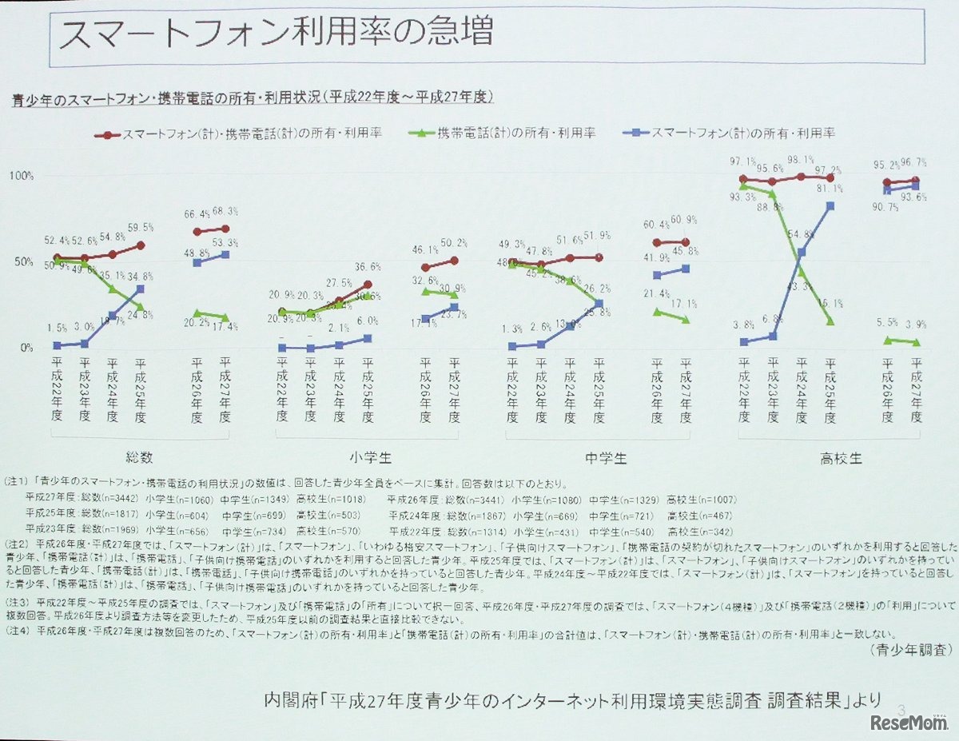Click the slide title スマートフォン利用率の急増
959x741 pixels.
[x=276, y=34]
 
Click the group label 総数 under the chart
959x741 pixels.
[x=139, y=458]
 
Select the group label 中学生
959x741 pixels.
[x=605, y=458]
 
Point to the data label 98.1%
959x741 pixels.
[x=800, y=159]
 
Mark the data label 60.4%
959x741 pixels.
[x=655, y=225]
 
